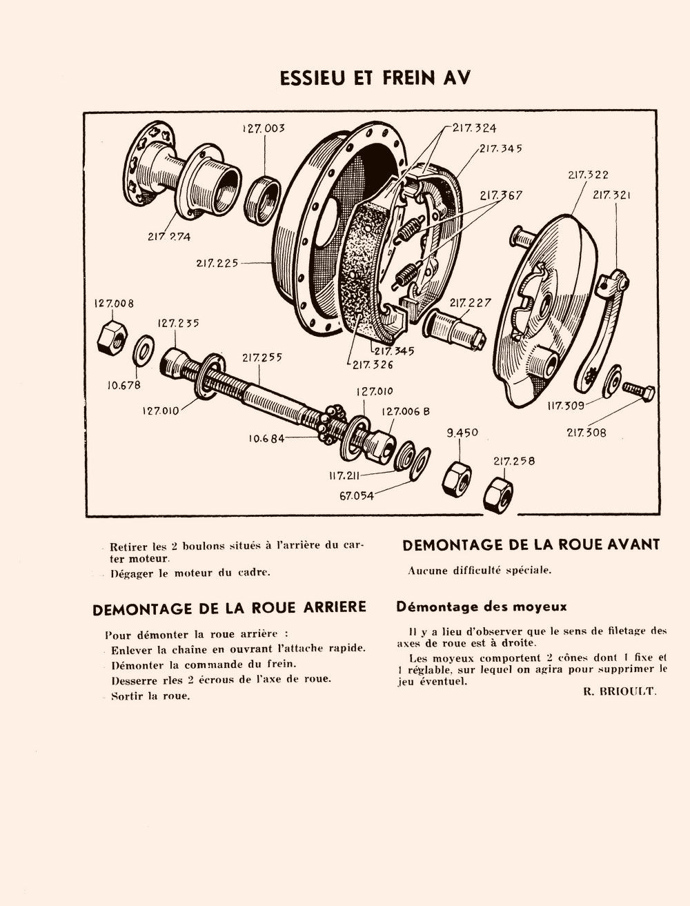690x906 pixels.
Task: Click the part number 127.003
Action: [264, 128]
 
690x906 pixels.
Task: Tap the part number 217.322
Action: [588, 175]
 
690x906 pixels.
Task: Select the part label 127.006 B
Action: [405, 411]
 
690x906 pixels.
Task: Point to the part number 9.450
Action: [462, 433]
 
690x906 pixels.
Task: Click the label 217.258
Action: [514, 461]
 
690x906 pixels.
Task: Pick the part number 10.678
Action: [124, 385]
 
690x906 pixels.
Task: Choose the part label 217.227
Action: [471, 303]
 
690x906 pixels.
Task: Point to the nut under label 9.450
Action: [457, 477]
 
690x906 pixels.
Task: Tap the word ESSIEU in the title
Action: [312, 78]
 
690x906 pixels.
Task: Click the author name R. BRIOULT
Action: [619, 691]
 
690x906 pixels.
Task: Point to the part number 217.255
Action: [262, 357]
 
